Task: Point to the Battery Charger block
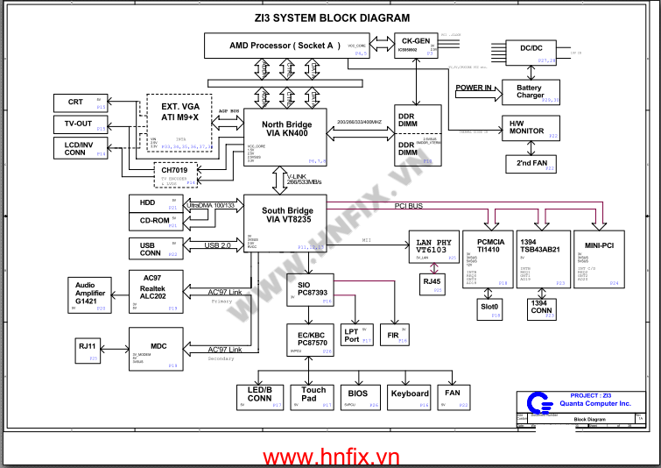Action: tap(529, 92)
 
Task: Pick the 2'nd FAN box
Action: tap(531, 163)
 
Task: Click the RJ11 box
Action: tap(88, 347)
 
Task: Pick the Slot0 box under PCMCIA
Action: tap(489, 307)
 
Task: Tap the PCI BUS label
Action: tap(409, 206)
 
